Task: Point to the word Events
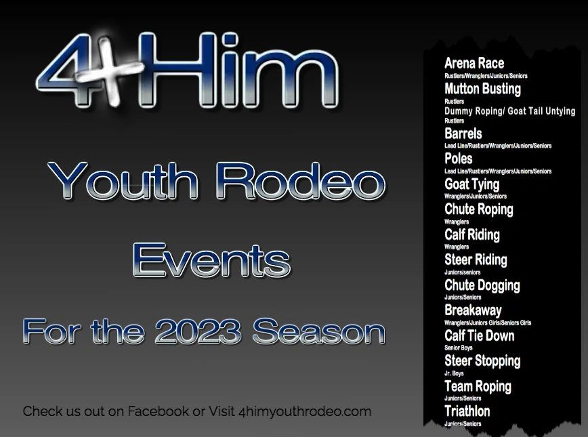point(212,260)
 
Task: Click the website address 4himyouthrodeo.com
point(305,411)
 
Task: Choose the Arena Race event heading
point(474,64)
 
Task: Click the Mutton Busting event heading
point(482,89)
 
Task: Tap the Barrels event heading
point(463,133)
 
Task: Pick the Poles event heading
point(459,159)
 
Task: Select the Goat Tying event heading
point(471,184)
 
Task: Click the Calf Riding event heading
point(472,235)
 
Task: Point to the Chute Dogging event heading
point(482,285)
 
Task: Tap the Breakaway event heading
point(473,310)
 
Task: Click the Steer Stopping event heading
point(482,361)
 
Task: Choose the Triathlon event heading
point(467,411)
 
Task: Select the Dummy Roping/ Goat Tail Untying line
point(509,110)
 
